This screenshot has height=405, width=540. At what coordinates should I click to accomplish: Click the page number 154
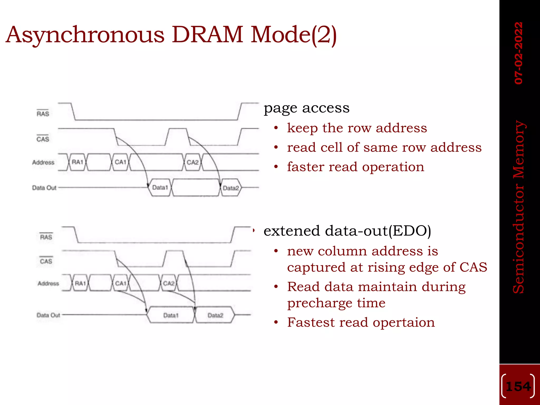(x=518, y=387)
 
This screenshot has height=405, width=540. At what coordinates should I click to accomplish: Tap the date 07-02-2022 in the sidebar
(x=518, y=53)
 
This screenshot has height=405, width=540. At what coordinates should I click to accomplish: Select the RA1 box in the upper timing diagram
(x=78, y=162)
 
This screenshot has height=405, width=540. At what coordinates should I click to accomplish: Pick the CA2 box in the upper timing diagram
(x=192, y=162)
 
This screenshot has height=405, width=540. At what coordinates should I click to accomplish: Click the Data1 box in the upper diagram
(x=160, y=187)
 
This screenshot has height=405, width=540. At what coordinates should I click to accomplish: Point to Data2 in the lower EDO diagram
(x=215, y=315)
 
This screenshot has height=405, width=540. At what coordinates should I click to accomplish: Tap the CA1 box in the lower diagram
(x=121, y=283)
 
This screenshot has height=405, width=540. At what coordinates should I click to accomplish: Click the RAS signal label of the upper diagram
(x=43, y=114)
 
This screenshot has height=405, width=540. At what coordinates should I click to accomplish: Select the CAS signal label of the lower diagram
(x=46, y=261)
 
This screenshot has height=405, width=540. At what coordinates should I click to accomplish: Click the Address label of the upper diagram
(x=43, y=162)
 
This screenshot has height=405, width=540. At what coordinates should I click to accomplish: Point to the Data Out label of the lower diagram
(x=49, y=315)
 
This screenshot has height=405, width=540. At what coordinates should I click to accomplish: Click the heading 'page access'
(x=306, y=108)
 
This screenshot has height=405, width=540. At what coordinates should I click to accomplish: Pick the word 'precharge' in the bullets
(x=320, y=303)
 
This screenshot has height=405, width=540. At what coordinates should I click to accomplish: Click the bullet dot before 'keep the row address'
(x=276, y=128)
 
